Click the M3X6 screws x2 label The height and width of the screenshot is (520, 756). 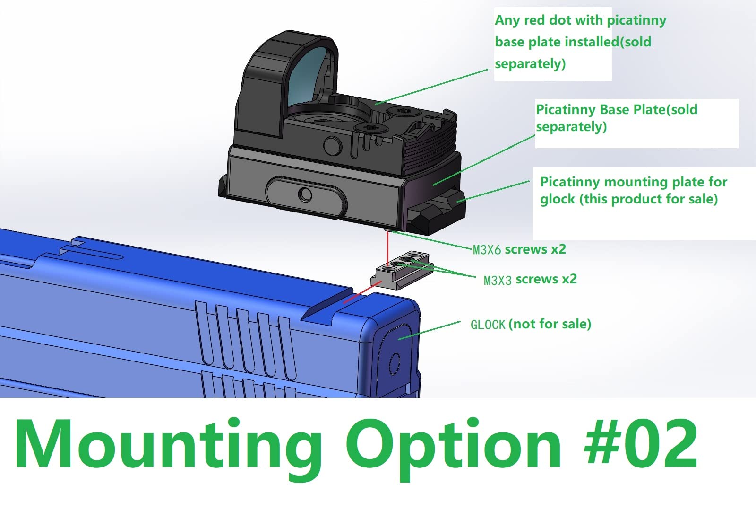point(519,249)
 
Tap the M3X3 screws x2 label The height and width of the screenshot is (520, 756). point(530,280)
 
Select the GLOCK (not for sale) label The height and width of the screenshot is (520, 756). point(531,324)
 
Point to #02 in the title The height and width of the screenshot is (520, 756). point(641,442)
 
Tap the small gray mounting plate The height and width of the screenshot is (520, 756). point(402,270)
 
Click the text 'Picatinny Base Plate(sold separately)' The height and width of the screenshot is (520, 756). point(617,118)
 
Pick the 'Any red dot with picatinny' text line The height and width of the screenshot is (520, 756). point(581,20)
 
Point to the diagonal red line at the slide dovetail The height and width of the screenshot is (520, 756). point(362,292)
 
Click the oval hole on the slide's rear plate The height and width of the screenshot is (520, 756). point(394,364)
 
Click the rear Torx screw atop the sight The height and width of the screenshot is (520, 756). point(402,111)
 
